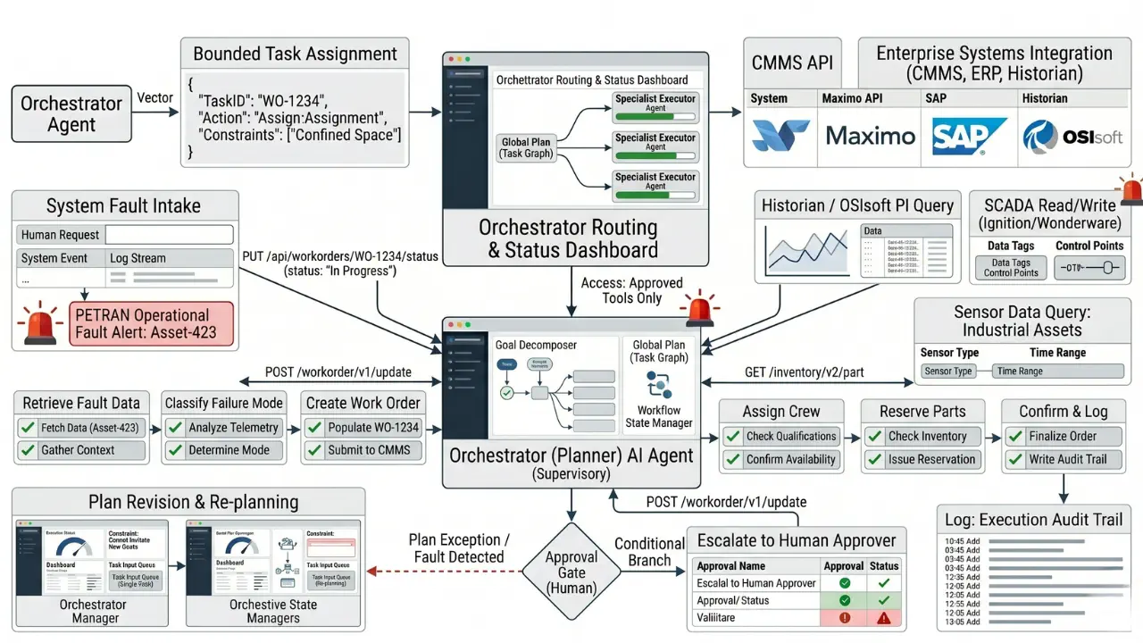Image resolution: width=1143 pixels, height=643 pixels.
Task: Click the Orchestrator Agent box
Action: [71, 113]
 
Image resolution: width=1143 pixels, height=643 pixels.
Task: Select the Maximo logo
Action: [871, 136]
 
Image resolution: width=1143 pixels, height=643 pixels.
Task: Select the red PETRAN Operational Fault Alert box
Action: [151, 324]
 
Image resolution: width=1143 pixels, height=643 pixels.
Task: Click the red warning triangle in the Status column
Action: [884, 617]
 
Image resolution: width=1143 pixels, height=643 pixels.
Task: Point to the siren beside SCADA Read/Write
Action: [1131, 189]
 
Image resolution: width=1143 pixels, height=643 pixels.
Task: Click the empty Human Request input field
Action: [169, 235]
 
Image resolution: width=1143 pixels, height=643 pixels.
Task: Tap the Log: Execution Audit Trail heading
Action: [1033, 520]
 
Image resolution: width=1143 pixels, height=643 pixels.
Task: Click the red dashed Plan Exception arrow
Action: [446, 572]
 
